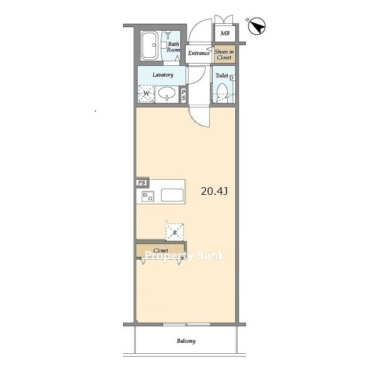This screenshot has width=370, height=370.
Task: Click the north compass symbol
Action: coord(257,25)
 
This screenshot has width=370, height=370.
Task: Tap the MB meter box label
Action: coord(225,34)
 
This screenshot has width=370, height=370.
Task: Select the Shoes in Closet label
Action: coord(224,54)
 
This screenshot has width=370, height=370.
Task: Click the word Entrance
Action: coord(199,53)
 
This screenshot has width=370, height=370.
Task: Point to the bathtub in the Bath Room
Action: coord(150,46)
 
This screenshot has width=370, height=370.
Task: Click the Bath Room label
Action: coord(173,47)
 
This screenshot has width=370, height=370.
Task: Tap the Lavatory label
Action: coord(163,75)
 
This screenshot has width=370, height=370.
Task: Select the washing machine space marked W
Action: coord(146,94)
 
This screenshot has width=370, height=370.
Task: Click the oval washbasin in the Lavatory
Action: coord(167,92)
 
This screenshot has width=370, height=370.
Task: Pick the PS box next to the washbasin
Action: coord(183,95)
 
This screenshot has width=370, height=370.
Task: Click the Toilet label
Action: coord(221,76)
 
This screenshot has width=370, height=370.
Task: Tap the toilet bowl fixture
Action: coord(222,93)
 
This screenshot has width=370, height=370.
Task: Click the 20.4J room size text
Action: coord(214,191)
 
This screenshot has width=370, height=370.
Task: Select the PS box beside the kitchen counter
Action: coord(142,183)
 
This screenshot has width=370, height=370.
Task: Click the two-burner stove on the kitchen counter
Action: coord(148,197)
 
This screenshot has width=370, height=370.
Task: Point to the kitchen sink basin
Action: coord(172,195)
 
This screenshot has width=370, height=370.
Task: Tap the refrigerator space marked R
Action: coord(175,232)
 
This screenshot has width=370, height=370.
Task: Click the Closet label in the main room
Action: coord(161,250)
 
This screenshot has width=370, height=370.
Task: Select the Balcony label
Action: coord(186,341)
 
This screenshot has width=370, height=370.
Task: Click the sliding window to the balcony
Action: coord(186,324)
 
